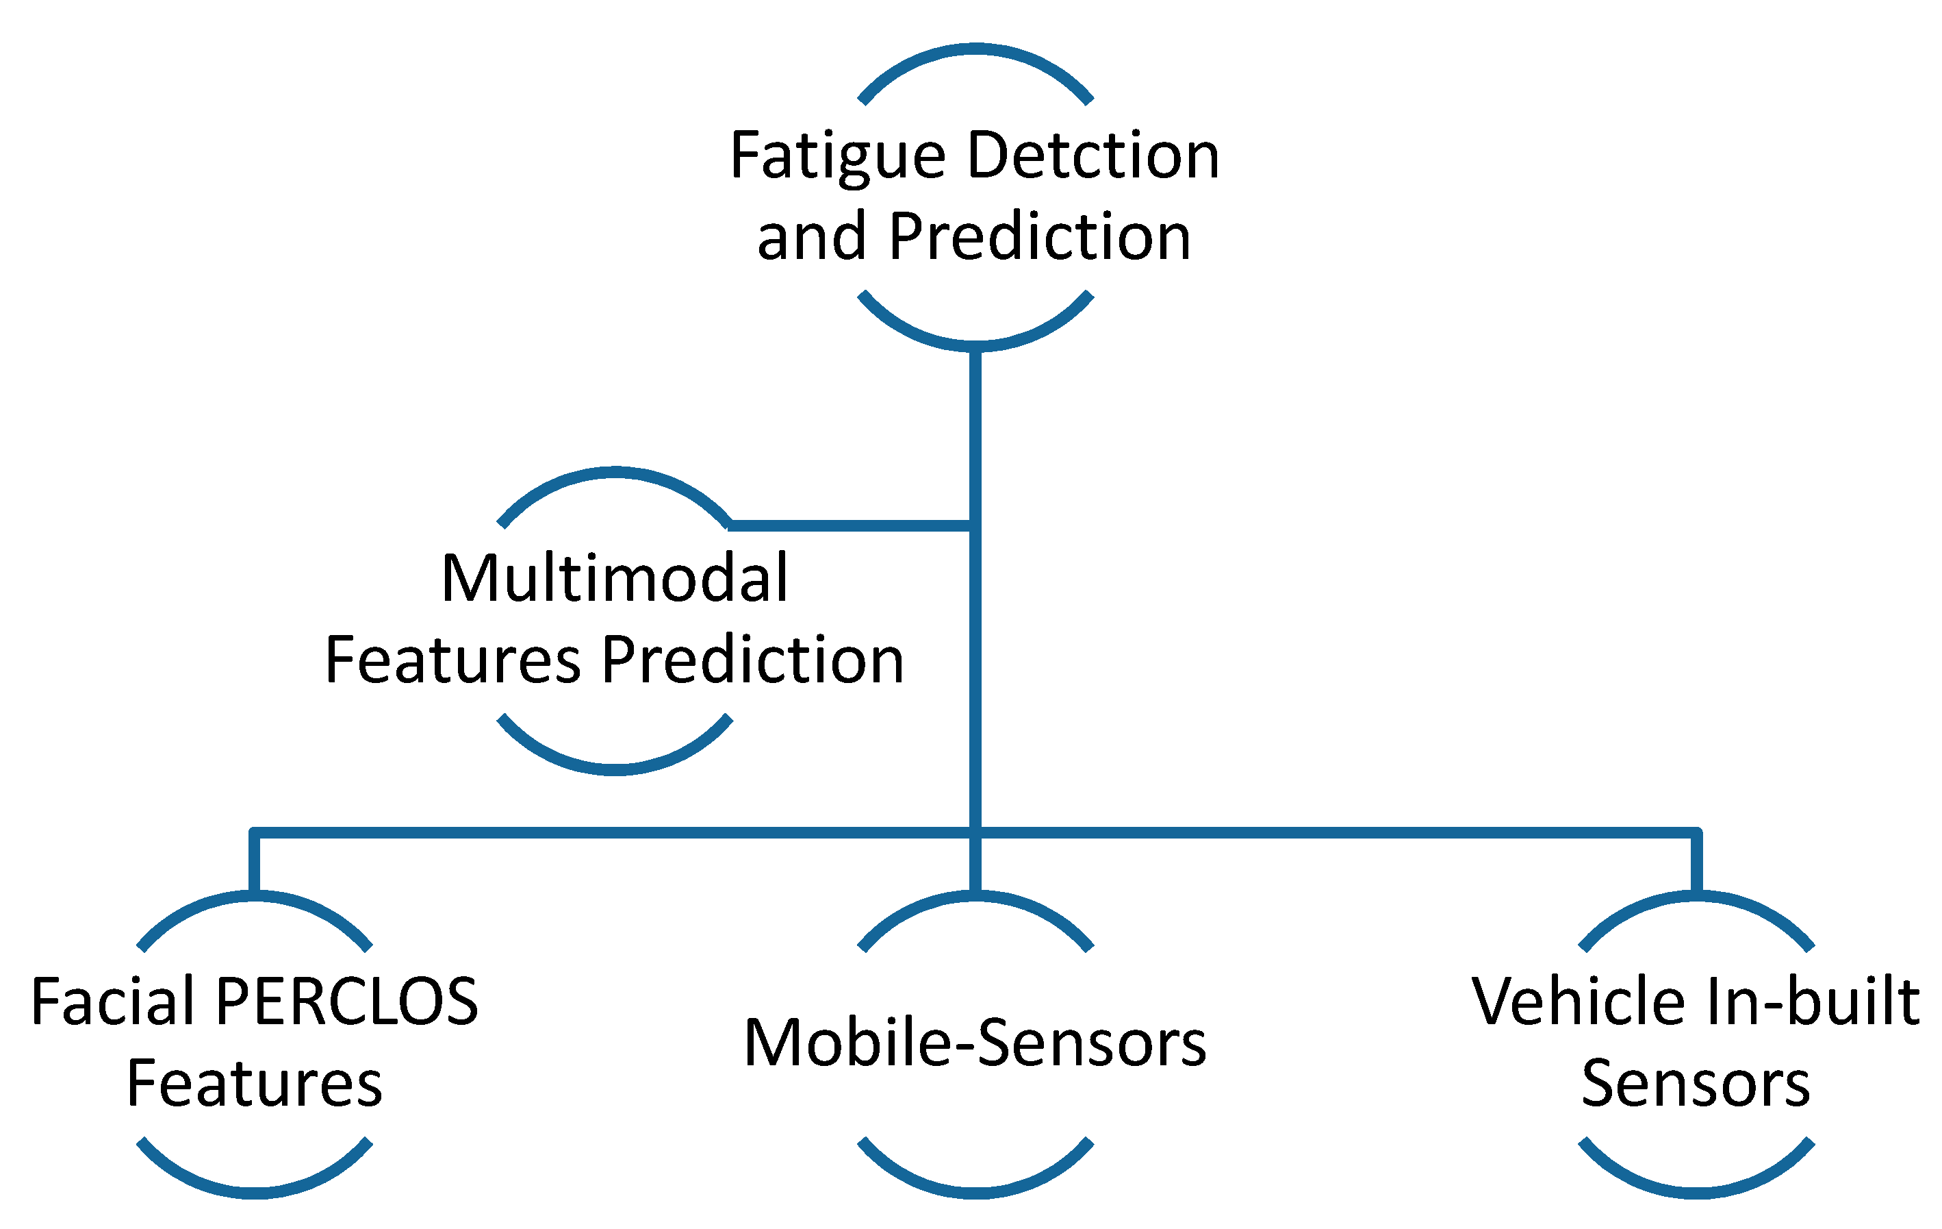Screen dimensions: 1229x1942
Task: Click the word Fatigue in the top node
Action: click(x=837, y=157)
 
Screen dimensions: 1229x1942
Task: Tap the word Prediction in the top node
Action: click(x=1040, y=237)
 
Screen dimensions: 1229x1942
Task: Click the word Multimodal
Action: click(x=615, y=579)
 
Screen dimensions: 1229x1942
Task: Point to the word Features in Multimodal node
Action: click(x=452, y=660)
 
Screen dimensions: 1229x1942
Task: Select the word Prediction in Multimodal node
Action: click(x=752, y=660)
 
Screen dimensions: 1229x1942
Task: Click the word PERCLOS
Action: click(x=347, y=1002)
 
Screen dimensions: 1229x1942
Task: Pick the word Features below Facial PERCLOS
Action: click(x=254, y=1084)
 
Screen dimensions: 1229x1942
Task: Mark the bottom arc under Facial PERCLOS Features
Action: click(x=254, y=1192)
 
